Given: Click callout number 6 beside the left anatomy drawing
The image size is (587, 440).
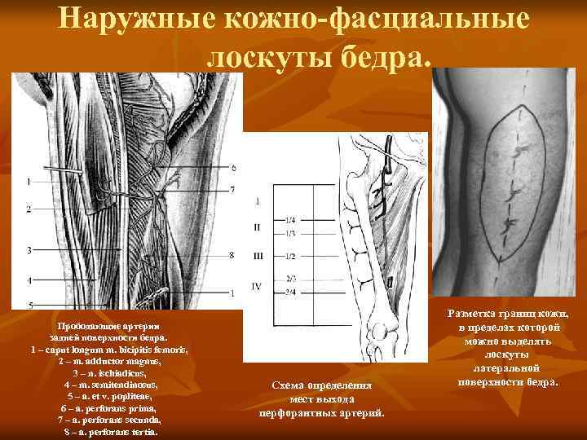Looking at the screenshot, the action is click(x=233, y=168).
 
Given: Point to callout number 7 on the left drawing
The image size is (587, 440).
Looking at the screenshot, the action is click(x=232, y=189).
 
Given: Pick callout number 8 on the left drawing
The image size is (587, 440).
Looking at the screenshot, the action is click(x=232, y=255).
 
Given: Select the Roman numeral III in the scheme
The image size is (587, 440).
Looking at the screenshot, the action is click(x=258, y=256).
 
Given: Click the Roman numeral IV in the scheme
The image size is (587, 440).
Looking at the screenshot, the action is click(x=258, y=286).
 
